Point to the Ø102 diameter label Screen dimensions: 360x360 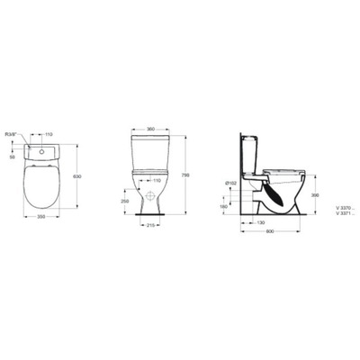tap(233, 184)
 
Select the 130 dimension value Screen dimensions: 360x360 tap(259, 222)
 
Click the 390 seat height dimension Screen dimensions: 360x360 tap(314, 193)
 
